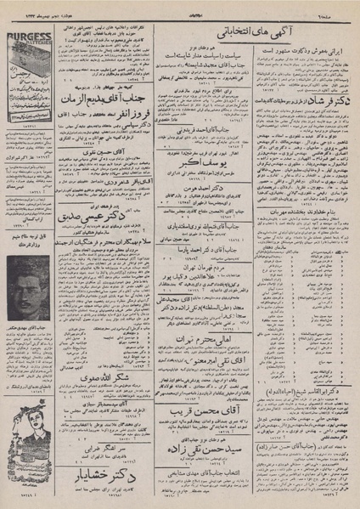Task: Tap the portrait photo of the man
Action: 31,289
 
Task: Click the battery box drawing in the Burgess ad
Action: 31,59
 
